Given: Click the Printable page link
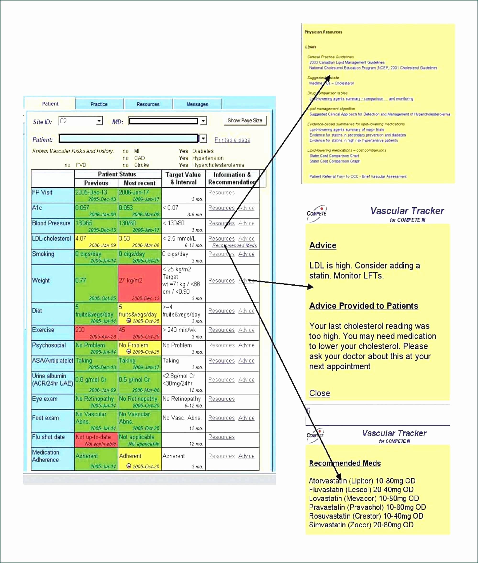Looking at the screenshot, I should pyautogui.click(x=232, y=140).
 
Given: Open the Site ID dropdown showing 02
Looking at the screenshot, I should pyautogui.click(x=100, y=121).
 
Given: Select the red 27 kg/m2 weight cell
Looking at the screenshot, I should pyautogui.click(x=139, y=283).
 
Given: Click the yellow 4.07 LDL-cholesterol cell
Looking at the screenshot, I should pyautogui.click(x=96, y=241).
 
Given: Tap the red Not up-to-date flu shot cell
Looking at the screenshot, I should pyautogui.click(x=96, y=440).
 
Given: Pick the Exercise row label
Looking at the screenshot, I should pyautogui.click(x=43, y=330).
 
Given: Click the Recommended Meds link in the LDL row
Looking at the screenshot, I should pyautogui.click(x=235, y=245).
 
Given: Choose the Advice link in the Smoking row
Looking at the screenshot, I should pyautogui.click(x=246, y=254).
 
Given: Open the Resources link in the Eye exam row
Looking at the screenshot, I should pyautogui.click(x=221, y=399).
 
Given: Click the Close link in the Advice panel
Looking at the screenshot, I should pyautogui.click(x=319, y=393).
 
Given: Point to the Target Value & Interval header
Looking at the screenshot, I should pyautogui.click(x=183, y=178).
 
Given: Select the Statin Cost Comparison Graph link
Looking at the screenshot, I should pyautogui.click(x=335, y=161).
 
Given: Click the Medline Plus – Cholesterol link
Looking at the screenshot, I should pyautogui.click(x=331, y=83).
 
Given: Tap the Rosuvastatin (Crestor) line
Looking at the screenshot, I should pyautogui.click(x=366, y=516).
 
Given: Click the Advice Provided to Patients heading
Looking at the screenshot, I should pyautogui.click(x=364, y=306).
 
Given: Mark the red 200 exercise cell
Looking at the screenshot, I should pyautogui.click(x=96, y=332).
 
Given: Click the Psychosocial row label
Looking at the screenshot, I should pyautogui.click(x=49, y=345).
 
